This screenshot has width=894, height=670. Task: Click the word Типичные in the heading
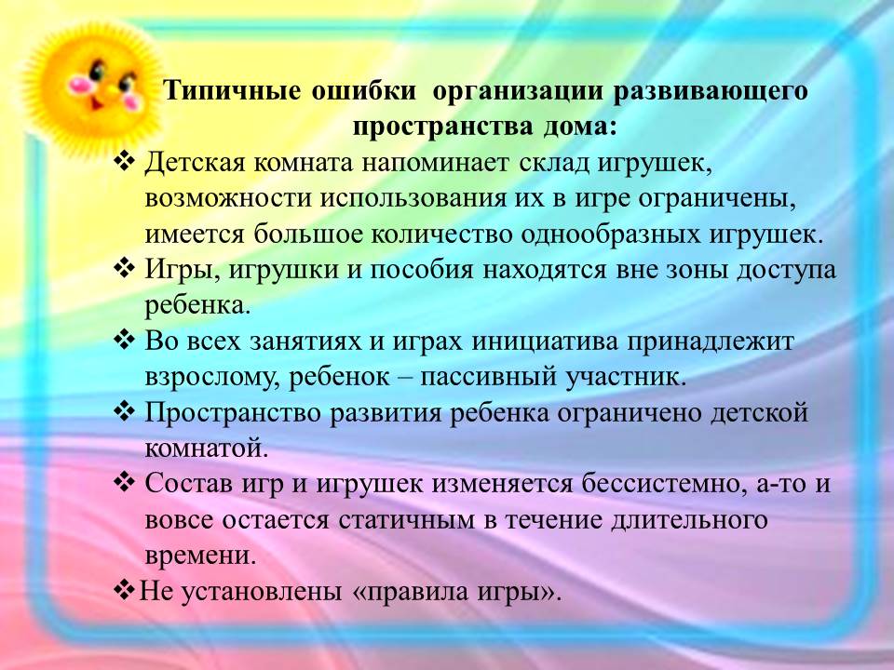pos(232,91)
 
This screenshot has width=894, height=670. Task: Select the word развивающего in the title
pos(710,92)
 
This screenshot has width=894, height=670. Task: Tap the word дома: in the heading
pos(579,127)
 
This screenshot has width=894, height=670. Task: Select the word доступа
pos(786,270)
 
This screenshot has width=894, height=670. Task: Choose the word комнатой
pos(206,449)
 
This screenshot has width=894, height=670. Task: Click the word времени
pos(199,556)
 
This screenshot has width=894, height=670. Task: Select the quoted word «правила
pos(405,592)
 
